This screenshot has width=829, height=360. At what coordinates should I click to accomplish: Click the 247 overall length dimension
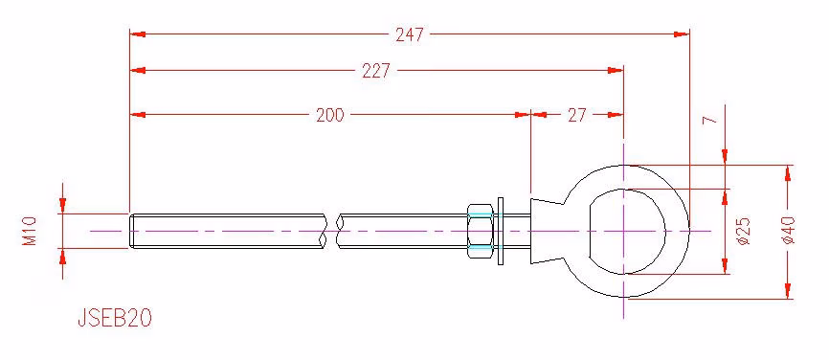[x=410, y=34]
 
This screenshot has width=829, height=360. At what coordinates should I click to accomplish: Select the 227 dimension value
[x=376, y=71]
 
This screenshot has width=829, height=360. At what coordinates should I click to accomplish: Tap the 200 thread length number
[x=330, y=115]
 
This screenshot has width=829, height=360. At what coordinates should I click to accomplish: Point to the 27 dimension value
[x=577, y=115]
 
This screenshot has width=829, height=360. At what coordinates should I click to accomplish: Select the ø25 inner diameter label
[x=744, y=231]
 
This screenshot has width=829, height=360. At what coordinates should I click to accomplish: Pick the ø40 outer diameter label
[x=788, y=231]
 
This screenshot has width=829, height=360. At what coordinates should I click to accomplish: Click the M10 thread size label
[x=30, y=231]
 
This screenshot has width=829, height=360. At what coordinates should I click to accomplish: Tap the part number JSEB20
[x=115, y=318]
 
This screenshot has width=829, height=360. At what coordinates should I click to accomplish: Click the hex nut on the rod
[x=480, y=231]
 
